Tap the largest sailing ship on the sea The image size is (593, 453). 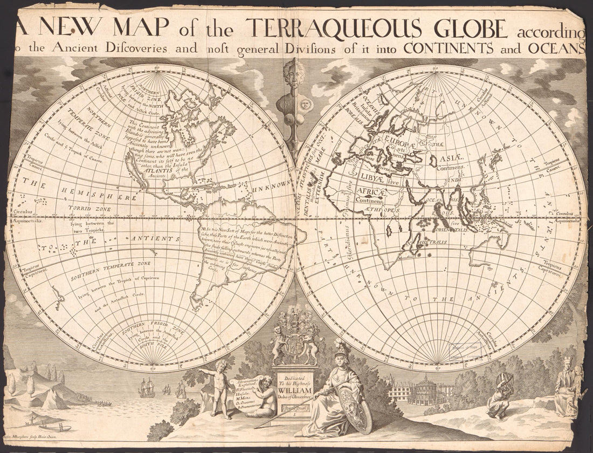click(147, 387)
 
